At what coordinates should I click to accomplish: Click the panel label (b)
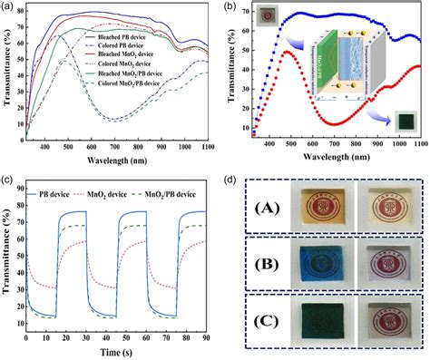[232, 7]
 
